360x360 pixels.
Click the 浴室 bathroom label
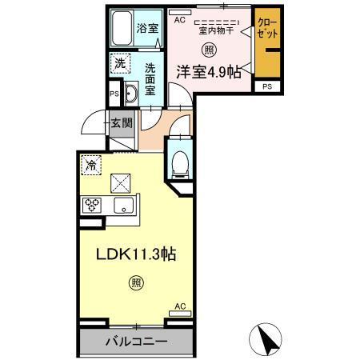pos(147,28)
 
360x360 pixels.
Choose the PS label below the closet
pos(266,86)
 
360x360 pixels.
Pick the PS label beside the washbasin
pos(113,92)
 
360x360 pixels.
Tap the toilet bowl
pos(180,165)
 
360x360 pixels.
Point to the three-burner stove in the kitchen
pos(92,206)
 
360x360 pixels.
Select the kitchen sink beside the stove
pos(124,206)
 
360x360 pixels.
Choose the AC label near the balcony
pos(180,305)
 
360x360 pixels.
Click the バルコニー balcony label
pos(137,342)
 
